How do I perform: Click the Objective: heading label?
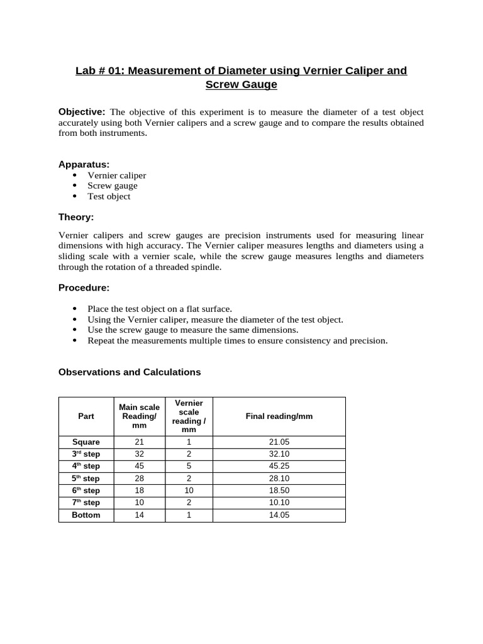tap(82, 112)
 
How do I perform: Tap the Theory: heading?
tap(76, 217)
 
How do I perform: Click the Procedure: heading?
tap(84, 287)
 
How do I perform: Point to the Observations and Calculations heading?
tap(130, 372)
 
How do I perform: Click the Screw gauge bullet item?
tap(112, 186)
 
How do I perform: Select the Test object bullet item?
tap(109, 196)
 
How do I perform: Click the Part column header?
tap(86, 416)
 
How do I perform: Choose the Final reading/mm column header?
tap(279, 416)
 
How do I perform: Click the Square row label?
tap(86, 442)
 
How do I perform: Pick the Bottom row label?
tap(86, 515)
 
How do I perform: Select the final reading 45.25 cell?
tap(279, 466)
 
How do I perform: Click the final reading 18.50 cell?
tap(279, 491)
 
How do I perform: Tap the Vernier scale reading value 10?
tap(189, 491)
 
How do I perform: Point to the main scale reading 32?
tap(140, 454)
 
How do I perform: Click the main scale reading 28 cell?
tap(140, 479)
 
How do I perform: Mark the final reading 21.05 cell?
tap(279, 442)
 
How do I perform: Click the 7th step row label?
tap(86, 502)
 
